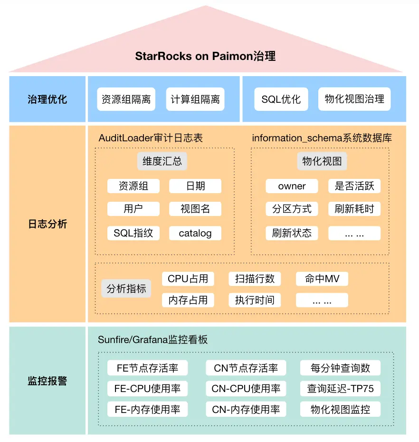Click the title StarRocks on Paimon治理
[x=205, y=56]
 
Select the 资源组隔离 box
[x=126, y=99]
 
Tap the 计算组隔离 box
[x=195, y=99]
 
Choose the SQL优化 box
[x=281, y=99]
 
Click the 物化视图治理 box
[x=354, y=99]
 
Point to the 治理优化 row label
[x=48, y=99]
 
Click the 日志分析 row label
[x=48, y=224]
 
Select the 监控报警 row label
[x=48, y=381]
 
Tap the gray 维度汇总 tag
[x=162, y=161]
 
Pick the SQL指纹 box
[x=133, y=233]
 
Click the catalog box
[x=195, y=233]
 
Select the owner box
[x=292, y=186]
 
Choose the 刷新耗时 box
[x=354, y=209]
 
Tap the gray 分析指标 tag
[x=126, y=289]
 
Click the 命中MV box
[x=322, y=279]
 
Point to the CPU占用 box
[x=188, y=279]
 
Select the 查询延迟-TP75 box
[x=340, y=388]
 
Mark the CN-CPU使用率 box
[x=246, y=388]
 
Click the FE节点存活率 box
[x=147, y=368]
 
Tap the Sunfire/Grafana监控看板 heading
[x=153, y=340]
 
